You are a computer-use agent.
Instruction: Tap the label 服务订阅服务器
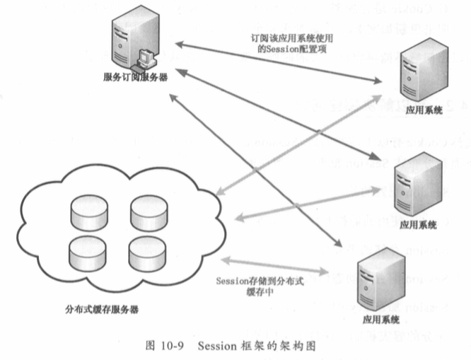click(134, 76)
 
